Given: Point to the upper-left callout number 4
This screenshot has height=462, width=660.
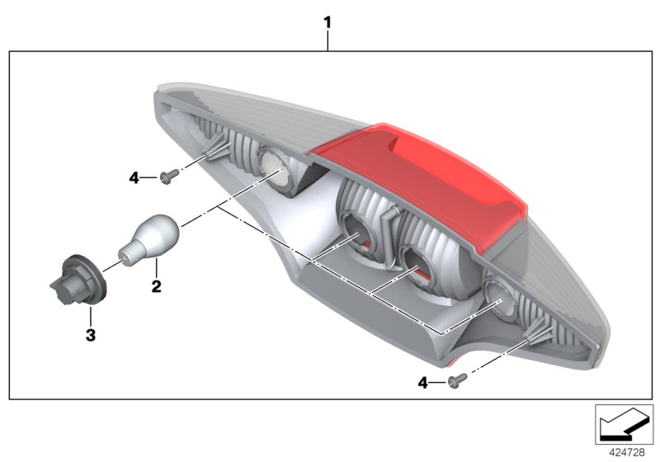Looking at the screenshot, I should [134, 177].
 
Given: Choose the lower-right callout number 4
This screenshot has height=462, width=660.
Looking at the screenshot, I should [422, 382].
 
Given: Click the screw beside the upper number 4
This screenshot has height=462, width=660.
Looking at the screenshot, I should [171, 175].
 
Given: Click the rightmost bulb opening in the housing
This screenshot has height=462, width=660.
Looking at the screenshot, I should [499, 294].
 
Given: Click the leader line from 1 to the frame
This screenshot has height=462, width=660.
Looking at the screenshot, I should [328, 41].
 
